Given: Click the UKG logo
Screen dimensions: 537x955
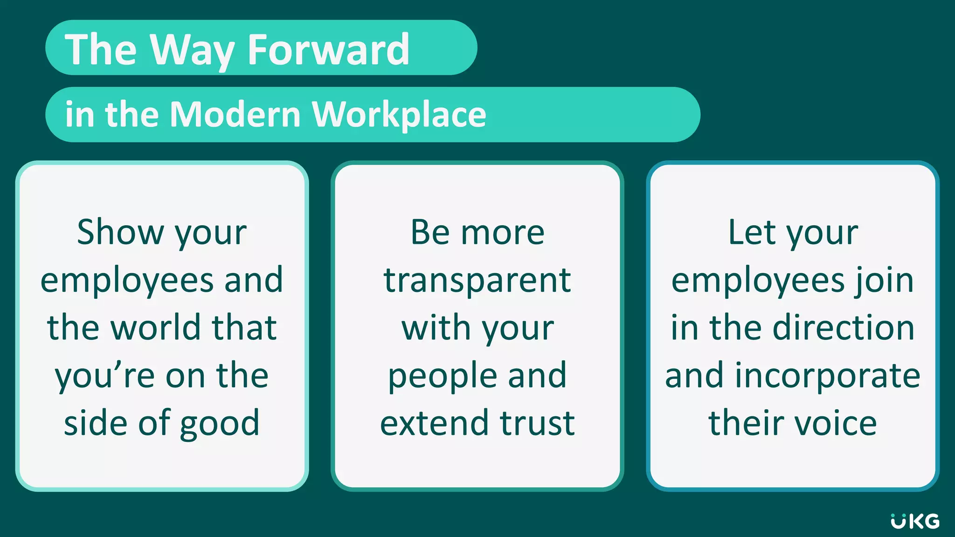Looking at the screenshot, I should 915,522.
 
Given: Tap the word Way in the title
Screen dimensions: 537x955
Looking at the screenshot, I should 192,50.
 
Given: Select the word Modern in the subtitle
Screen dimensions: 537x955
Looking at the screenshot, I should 235,114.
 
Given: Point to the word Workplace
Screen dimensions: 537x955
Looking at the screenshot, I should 399,115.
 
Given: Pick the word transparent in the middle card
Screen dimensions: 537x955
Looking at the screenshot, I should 477,281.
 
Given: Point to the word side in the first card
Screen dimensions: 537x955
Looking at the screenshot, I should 95,423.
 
